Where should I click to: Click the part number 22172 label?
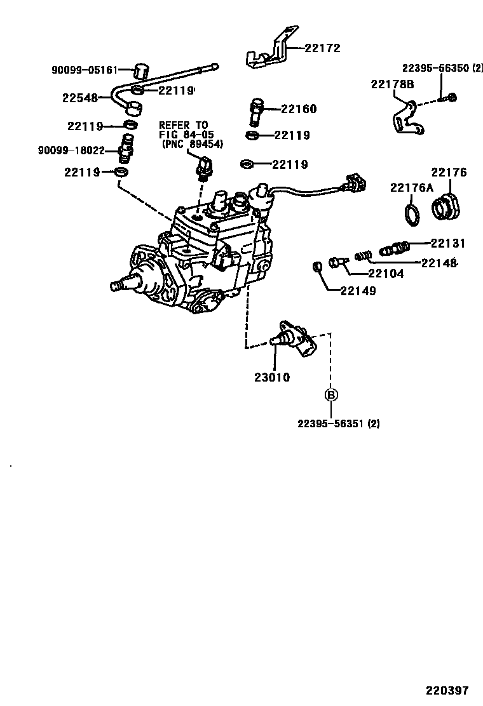(322, 48)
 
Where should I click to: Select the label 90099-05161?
(85, 69)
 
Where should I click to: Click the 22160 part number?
(298, 109)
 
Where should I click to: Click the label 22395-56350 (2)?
(442, 68)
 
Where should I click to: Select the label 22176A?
(411, 187)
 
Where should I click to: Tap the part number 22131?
(448, 243)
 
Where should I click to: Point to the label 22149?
(358, 291)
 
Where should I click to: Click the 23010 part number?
(272, 377)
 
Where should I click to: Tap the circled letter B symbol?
(331, 395)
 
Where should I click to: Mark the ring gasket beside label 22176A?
(412, 213)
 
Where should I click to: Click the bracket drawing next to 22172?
(270, 51)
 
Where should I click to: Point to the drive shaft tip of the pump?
(116, 286)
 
